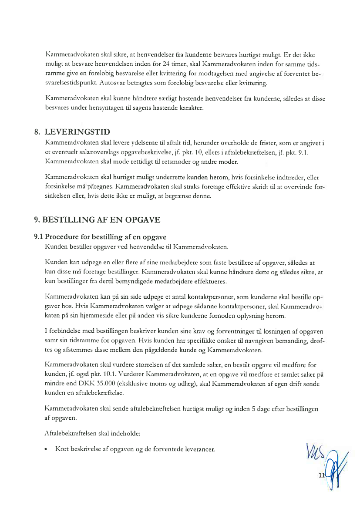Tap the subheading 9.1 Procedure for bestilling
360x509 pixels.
[x=100, y=237]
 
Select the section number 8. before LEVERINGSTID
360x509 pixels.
[x=38, y=132]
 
